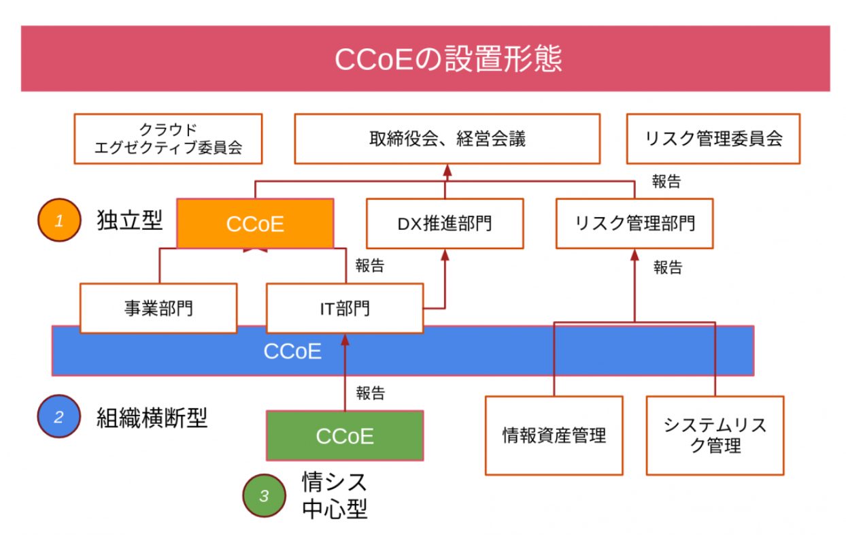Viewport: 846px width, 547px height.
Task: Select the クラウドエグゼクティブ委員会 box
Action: [x=168, y=139]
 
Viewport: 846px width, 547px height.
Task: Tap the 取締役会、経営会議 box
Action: [x=447, y=139]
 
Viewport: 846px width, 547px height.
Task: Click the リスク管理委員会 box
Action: [x=713, y=139]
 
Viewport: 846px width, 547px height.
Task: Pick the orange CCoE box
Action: [x=255, y=224]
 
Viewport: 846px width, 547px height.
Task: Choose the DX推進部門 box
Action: [x=445, y=224]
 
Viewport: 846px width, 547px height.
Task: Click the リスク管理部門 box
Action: [x=634, y=224]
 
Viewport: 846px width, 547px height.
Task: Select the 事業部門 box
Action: [x=158, y=308]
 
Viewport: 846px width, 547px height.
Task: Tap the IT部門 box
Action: [x=344, y=308]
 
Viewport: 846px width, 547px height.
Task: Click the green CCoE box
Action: [x=344, y=435]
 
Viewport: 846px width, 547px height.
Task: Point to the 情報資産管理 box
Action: [x=554, y=435]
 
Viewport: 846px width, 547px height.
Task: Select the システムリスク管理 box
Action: [x=715, y=435]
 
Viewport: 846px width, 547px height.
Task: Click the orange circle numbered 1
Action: [x=59, y=220]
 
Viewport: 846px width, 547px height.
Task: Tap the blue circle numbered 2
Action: [x=59, y=416]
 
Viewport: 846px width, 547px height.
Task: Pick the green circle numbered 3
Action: [x=264, y=495]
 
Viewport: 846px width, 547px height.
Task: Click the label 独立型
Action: [x=130, y=220]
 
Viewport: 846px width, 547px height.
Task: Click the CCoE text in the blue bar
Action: [x=292, y=351]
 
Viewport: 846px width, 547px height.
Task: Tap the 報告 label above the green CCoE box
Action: [x=370, y=393]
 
